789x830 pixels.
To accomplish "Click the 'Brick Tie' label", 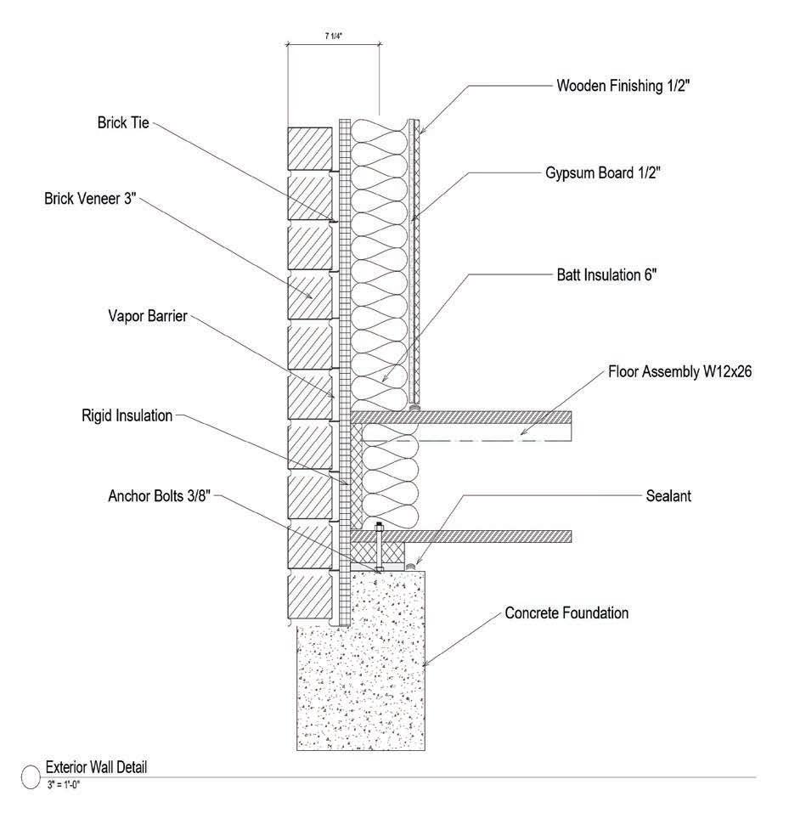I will tap(123, 122).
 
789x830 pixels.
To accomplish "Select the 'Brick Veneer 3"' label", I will tap(90, 199).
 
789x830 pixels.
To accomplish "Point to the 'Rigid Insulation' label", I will tap(128, 415).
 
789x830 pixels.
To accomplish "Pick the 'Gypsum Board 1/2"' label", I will tap(603, 172).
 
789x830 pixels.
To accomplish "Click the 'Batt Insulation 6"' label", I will tap(606, 275).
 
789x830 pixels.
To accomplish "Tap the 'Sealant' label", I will tap(669, 495).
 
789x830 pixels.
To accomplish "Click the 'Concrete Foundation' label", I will tap(566, 612).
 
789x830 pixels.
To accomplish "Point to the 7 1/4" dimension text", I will tap(333, 34).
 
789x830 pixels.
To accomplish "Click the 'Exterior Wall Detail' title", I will tap(96, 767).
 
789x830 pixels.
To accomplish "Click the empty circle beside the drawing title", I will tap(30, 775).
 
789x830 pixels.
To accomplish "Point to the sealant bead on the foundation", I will tap(410, 564).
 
